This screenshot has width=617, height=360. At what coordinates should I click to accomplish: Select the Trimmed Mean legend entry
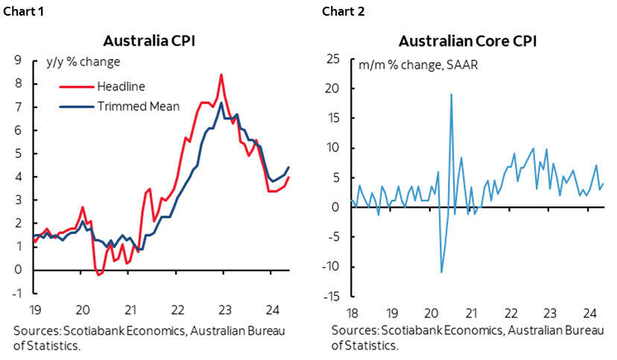tap(139, 106)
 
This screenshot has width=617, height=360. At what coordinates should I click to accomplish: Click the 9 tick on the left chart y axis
tap(17, 60)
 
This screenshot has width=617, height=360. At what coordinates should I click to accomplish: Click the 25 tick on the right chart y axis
tap(335, 60)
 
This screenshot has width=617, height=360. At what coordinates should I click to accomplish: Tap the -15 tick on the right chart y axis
tap(332, 297)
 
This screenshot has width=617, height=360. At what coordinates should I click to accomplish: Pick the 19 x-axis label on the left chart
tap(35, 310)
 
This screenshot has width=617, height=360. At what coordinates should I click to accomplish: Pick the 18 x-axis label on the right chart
tap(351, 313)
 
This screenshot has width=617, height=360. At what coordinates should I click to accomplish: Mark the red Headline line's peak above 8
tap(221, 75)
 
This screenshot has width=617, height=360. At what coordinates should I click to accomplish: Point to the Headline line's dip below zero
tap(99, 274)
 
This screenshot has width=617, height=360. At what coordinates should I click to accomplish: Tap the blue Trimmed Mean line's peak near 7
tap(221, 103)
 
